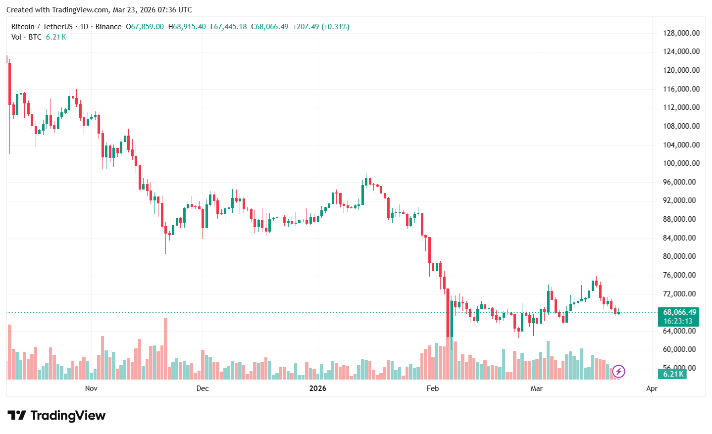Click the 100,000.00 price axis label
[x=681, y=163]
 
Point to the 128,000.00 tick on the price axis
[x=681, y=33]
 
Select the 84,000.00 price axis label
[x=681, y=238]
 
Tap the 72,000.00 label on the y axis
[x=681, y=294]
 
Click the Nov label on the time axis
[x=91, y=388]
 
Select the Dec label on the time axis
[x=203, y=388]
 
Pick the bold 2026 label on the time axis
[x=318, y=388]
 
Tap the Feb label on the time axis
[x=433, y=388]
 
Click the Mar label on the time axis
[x=537, y=388]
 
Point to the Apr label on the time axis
[x=652, y=388]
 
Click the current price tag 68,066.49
[x=679, y=312]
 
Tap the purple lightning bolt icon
[x=618, y=371]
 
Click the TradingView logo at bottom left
[x=56, y=415]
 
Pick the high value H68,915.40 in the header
[x=187, y=27]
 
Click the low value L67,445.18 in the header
[x=228, y=27]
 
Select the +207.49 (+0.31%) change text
[x=321, y=27]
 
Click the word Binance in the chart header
[x=108, y=27]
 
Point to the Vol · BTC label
[x=26, y=37]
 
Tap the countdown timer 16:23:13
[x=678, y=321]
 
